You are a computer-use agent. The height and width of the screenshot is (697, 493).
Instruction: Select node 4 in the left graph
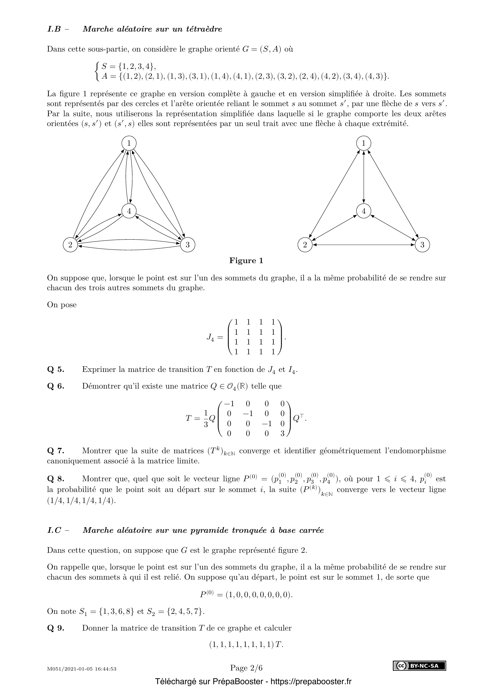point(129,211)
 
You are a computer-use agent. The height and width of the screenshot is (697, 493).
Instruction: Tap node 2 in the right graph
point(305,245)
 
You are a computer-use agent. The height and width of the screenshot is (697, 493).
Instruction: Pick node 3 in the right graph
point(422,245)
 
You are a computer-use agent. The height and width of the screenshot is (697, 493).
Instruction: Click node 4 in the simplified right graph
point(364,211)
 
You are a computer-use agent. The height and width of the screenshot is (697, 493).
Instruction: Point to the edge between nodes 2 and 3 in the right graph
point(364,245)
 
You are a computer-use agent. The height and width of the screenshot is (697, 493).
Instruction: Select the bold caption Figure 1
point(246,261)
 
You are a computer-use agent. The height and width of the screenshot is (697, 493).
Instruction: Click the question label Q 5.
point(56,370)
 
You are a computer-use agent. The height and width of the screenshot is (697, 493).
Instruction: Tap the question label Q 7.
point(56,451)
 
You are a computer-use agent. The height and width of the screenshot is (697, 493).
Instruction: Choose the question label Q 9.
point(56,628)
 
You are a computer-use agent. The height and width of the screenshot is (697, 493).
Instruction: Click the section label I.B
point(54,29)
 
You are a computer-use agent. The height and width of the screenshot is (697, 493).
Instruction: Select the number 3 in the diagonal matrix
point(282,434)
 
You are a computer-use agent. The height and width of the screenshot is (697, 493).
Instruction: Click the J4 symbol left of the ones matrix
point(211,337)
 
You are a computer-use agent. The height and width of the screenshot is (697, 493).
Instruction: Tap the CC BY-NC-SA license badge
point(420,666)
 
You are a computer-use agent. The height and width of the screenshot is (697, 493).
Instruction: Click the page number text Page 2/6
point(246,668)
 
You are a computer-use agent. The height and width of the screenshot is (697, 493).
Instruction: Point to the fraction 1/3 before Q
point(206,419)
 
